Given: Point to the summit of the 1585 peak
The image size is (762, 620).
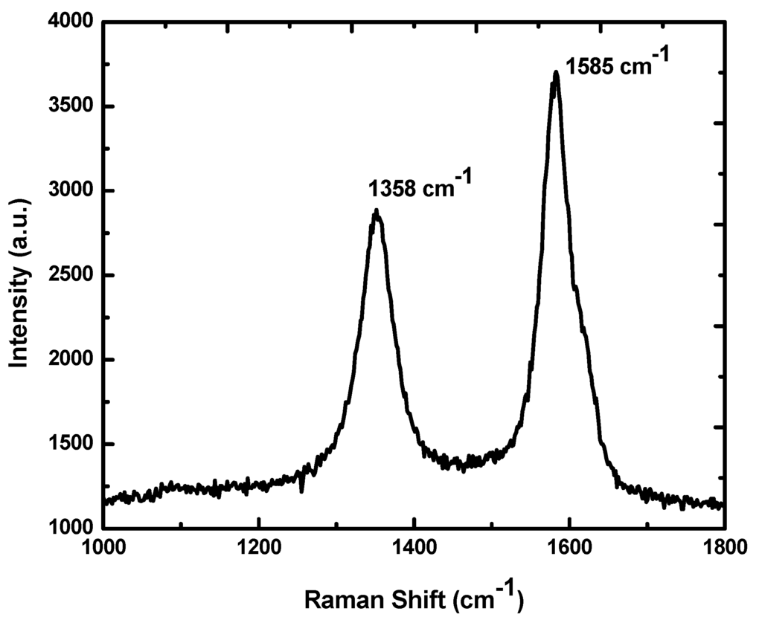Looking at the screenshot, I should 555,73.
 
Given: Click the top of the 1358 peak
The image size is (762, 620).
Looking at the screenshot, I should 377,211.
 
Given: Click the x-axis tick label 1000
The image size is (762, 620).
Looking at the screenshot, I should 103,550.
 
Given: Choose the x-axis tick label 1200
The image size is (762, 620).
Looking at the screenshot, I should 258,550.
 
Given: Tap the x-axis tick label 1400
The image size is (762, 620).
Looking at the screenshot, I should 414,550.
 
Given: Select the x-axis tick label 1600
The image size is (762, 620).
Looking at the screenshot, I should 569,550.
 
